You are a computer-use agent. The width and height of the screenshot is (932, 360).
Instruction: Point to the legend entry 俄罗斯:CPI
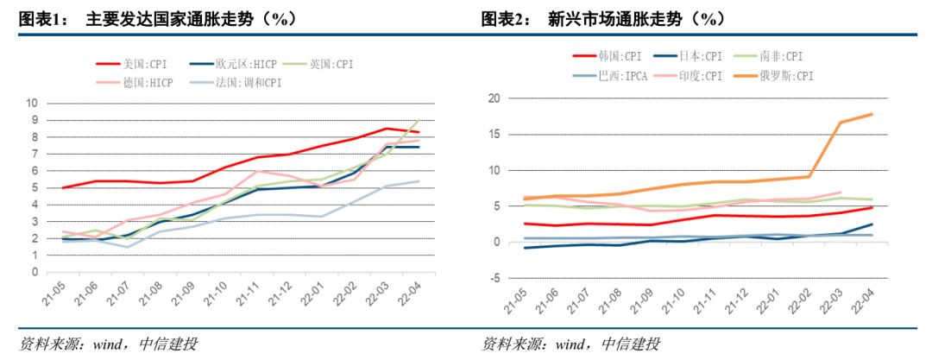pos(787,76)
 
